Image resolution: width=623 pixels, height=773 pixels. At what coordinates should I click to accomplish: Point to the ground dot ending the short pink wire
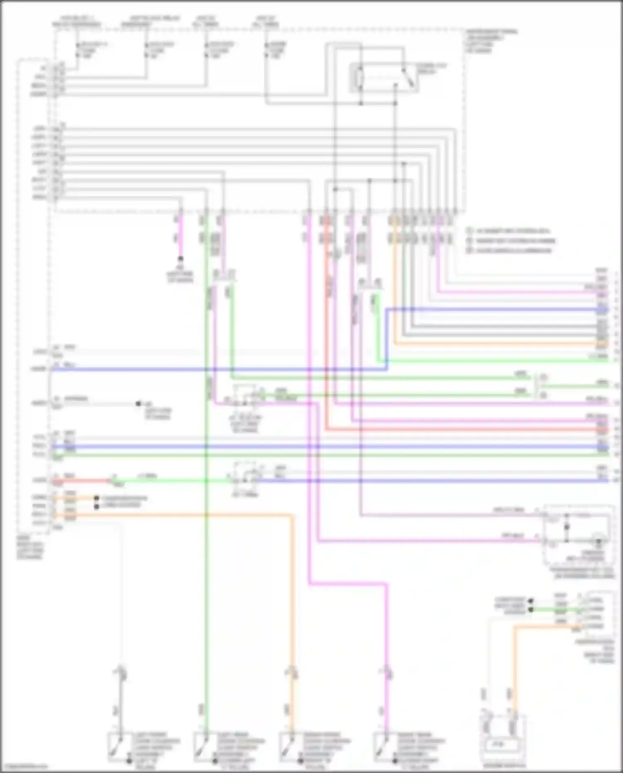pyautogui.click(x=180, y=258)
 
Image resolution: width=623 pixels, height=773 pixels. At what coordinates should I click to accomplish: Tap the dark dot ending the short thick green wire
pyautogui.click(x=530, y=610)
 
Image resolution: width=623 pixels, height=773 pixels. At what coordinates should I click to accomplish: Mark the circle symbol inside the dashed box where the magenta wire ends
pyautogui.click(x=598, y=538)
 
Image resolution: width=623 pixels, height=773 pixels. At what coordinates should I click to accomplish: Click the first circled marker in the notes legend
pyautogui.click(x=469, y=231)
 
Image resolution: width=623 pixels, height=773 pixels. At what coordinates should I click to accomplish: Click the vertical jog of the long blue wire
pyautogui.click(x=387, y=339)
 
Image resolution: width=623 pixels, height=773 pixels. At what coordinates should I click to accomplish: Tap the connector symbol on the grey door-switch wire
pyautogui.click(x=122, y=673)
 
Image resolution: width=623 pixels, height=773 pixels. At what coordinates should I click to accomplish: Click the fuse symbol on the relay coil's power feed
pyautogui.click(x=267, y=50)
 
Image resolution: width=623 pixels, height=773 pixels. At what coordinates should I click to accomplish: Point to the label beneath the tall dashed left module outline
pyautogui.click(x=30, y=547)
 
